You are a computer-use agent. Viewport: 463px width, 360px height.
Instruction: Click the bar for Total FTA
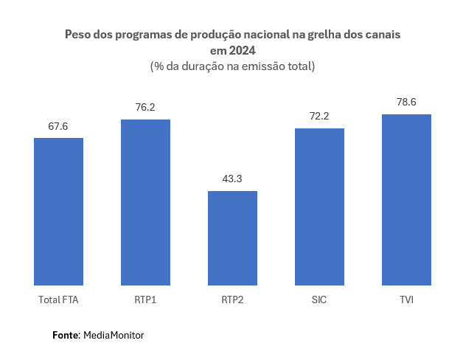(x=58, y=212)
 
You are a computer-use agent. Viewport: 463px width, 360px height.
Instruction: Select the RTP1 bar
(x=145, y=202)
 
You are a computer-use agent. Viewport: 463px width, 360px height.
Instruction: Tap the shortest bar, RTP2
(x=232, y=238)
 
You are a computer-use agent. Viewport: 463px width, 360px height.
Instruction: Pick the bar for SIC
(x=319, y=207)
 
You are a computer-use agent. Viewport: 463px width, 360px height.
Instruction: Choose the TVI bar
(x=406, y=200)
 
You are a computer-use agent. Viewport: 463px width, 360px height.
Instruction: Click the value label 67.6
(x=58, y=127)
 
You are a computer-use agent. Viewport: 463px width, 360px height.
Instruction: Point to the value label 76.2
(x=145, y=108)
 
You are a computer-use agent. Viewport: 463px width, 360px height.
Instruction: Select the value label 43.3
(x=232, y=179)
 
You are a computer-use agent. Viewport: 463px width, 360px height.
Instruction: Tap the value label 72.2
(x=319, y=117)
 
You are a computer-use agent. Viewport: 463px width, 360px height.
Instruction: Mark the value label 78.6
(x=406, y=103)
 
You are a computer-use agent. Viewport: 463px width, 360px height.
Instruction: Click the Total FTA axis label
(x=58, y=300)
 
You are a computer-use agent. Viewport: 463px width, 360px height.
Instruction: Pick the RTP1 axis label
(x=145, y=300)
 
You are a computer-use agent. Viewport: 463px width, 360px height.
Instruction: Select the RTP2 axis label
(x=232, y=300)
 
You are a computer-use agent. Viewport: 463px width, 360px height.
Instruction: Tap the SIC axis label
(x=319, y=300)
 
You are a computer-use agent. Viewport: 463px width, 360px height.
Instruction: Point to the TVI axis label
(x=406, y=300)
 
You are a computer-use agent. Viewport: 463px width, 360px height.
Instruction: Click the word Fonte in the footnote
(x=66, y=335)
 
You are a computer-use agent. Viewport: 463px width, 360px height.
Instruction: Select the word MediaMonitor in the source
(x=114, y=335)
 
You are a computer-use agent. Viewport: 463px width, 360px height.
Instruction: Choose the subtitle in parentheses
(x=232, y=66)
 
